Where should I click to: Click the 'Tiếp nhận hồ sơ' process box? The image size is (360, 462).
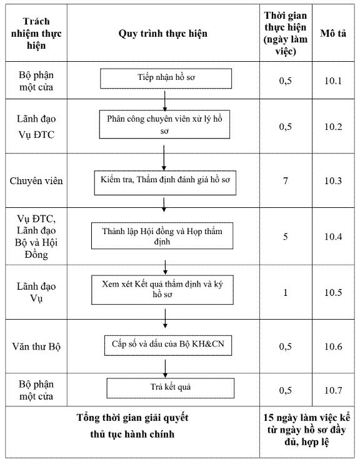click(x=166, y=79)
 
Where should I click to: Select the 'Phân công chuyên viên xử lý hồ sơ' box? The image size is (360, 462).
click(x=164, y=124)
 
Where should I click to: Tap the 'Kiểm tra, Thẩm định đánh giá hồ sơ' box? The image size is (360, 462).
click(x=165, y=183)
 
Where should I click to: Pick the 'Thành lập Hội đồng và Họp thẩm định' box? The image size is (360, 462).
click(x=162, y=236)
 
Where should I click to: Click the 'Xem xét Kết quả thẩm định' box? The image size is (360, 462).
click(x=162, y=290)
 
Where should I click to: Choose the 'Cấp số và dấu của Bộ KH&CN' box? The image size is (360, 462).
click(x=168, y=345)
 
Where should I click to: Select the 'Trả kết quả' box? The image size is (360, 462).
click(x=170, y=388)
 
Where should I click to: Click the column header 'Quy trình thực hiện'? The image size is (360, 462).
click(x=163, y=33)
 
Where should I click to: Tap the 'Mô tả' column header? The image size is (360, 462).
click(x=333, y=33)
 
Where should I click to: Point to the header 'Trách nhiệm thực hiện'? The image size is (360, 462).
click(x=36, y=33)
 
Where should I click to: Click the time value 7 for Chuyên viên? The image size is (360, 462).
click(x=286, y=180)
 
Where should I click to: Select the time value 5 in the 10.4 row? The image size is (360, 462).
click(x=286, y=236)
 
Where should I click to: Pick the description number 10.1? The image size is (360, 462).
click(x=333, y=81)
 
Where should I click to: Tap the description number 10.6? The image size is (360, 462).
click(x=333, y=346)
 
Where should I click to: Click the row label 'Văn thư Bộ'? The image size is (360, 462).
click(x=36, y=346)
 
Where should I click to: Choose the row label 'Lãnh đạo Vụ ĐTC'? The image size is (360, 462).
click(x=36, y=127)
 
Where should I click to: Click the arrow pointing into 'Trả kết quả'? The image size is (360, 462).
click(x=165, y=368)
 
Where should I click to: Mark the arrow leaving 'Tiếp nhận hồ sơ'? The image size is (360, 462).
click(x=164, y=101)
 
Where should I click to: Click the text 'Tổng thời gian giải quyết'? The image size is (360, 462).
click(x=132, y=418)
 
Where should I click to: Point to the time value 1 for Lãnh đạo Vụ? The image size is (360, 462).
click(x=286, y=292)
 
